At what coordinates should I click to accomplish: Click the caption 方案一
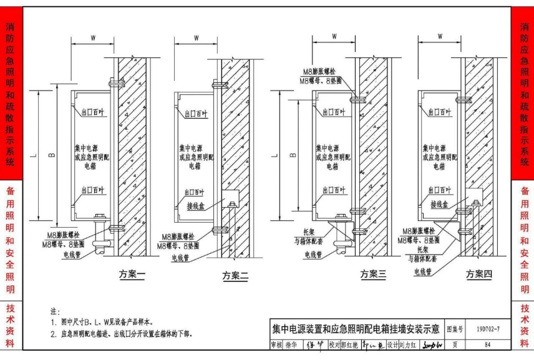pyautogui.click(x=132, y=275)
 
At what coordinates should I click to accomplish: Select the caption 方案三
pyautogui.click(x=373, y=275)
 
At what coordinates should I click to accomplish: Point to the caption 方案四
pyautogui.click(x=478, y=275)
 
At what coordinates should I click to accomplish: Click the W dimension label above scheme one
pyautogui.click(x=93, y=37)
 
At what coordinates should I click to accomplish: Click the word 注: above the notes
pyautogui.click(x=54, y=311)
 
